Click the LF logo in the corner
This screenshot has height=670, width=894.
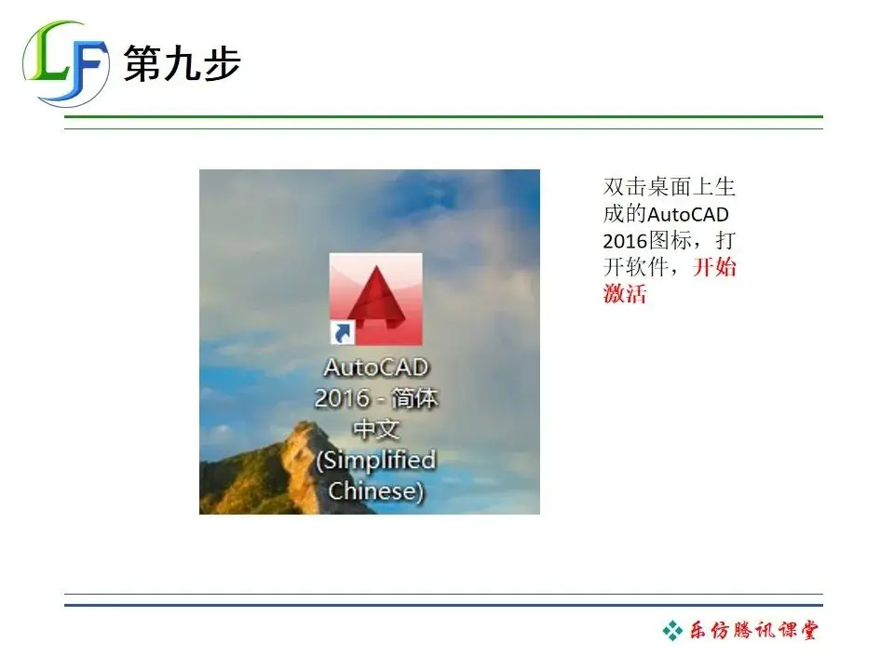(x=65, y=63)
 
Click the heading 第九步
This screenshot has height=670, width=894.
(x=183, y=62)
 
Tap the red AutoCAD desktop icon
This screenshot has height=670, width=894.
(x=375, y=299)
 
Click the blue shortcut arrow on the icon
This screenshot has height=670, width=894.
(x=343, y=333)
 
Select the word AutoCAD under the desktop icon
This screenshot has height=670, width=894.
(x=375, y=368)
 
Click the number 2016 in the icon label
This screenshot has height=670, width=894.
(x=342, y=398)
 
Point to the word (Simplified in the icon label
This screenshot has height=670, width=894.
(x=376, y=461)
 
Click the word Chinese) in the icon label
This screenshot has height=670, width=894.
(x=375, y=491)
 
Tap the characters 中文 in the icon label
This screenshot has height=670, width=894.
(x=375, y=429)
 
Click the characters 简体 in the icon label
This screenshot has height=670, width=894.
(x=414, y=398)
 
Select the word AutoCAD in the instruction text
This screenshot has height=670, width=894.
(x=688, y=214)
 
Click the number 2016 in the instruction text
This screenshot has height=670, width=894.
(x=626, y=241)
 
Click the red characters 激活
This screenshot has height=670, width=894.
(x=625, y=294)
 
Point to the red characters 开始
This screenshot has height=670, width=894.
(x=714, y=267)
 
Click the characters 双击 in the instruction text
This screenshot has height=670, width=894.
(x=625, y=187)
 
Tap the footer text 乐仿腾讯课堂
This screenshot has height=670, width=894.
(x=753, y=630)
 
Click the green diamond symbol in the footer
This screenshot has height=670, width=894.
(x=672, y=631)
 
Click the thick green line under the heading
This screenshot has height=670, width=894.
(x=443, y=117)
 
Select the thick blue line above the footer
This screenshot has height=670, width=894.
(x=443, y=605)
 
